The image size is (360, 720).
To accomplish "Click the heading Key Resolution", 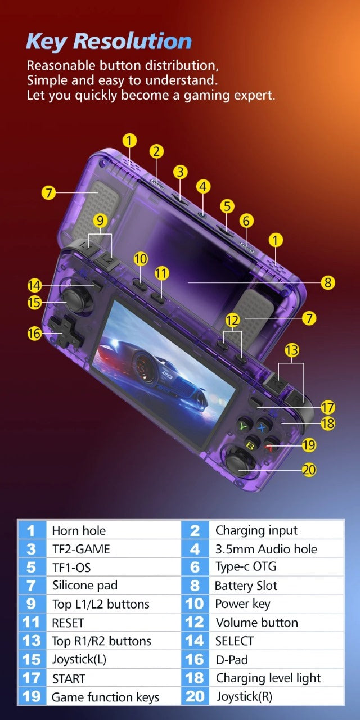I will click(109, 42).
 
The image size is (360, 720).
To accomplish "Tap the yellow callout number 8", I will click(328, 282).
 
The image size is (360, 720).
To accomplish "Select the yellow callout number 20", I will click(309, 470).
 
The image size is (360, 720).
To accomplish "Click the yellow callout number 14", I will click(34, 285).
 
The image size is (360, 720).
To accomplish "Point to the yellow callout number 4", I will click(203, 186).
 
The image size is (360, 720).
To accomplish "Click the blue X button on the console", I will click(262, 426).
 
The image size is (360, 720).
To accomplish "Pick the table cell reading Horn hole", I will click(79, 530).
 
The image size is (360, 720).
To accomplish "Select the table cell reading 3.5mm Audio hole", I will click(266, 549).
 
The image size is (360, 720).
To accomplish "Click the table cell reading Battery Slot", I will click(246, 586).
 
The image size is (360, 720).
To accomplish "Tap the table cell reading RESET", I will click(67, 623).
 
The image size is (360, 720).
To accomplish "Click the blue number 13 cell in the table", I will click(31, 641).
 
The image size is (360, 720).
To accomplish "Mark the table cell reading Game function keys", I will click(105, 697).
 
